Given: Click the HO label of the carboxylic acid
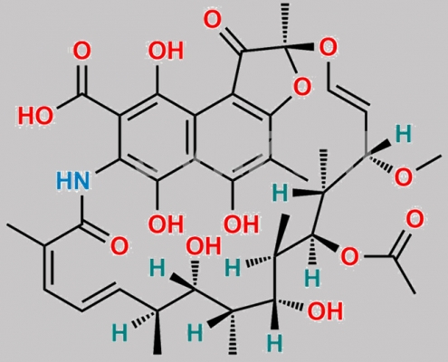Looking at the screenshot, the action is (x=35, y=115).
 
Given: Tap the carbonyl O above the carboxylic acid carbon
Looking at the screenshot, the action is (x=81, y=51).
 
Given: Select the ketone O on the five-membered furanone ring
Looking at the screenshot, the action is (x=213, y=19).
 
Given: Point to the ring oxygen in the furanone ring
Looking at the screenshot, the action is (x=301, y=87).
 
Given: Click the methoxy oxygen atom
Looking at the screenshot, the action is (x=404, y=176).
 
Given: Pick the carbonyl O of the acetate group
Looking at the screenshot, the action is (x=415, y=219).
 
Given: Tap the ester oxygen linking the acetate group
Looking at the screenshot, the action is (x=349, y=257).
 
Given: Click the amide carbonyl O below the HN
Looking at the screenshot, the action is (x=119, y=246).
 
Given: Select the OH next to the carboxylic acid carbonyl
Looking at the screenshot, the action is (x=166, y=51).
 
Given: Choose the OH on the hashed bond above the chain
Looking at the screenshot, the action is (x=204, y=246).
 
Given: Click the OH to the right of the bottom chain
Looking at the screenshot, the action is (x=325, y=310).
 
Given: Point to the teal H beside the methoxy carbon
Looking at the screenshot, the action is (x=404, y=134).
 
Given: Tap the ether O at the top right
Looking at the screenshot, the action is (x=328, y=48).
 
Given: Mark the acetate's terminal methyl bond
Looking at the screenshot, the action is (x=405, y=275).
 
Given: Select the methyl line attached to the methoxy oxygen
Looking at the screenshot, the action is (x=428, y=164).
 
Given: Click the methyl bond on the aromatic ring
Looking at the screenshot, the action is (x=289, y=169).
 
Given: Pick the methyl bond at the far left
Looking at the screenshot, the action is (x=26, y=234).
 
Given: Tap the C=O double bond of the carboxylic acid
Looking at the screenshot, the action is (x=81, y=79).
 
